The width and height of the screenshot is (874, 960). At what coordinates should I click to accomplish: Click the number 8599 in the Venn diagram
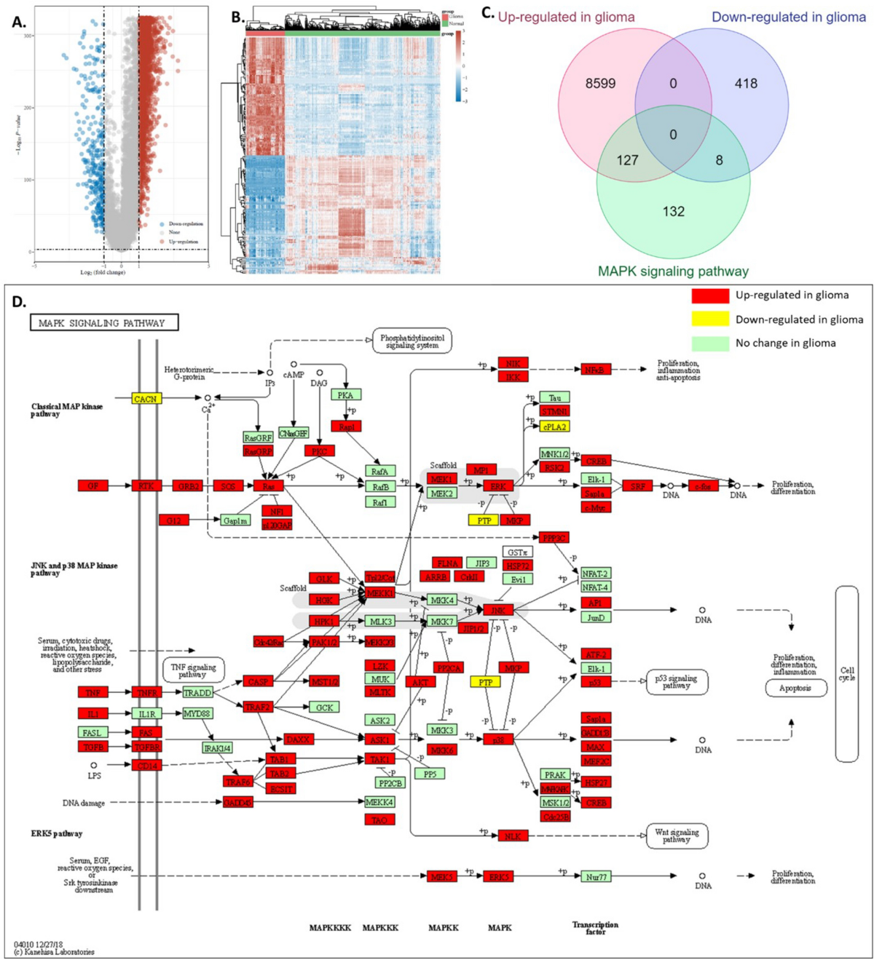tap(600, 84)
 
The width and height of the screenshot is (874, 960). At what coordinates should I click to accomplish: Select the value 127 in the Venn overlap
tap(627, 160)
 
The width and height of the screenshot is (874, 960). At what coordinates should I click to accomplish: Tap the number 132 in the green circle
tap(673, 212)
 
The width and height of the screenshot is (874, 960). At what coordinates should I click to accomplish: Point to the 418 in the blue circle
tap(746, 84)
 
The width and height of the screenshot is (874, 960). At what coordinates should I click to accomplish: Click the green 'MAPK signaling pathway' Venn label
tap(673, 271)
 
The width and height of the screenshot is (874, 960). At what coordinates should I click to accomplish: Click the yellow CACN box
tap(146, 399)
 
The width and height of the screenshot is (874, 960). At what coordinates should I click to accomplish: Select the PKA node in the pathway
tap(345, 394)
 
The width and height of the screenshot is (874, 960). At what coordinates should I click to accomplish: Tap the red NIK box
tap(513, 363)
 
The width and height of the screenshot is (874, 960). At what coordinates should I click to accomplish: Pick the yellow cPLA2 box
tap(554, 427)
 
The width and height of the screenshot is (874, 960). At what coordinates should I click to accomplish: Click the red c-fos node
tap(703, 485)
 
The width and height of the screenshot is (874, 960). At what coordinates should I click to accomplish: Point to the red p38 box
tap(498, 739)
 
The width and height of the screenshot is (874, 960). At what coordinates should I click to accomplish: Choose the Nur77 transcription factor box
tap(596, 877)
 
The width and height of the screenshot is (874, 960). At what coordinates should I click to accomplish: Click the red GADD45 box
tap(238, 802)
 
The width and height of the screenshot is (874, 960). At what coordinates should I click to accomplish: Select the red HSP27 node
tap(596, 782)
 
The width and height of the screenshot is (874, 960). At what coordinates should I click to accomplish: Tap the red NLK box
tap(513, 836)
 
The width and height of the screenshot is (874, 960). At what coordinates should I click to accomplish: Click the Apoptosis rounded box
tap(795, 688)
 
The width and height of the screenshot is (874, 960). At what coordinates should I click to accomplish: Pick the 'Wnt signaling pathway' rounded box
tap(677, 836)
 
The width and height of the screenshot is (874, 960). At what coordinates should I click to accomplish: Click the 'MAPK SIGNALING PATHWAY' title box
tap(103, 322)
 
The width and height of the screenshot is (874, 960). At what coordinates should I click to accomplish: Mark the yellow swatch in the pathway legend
tap(710, 319)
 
